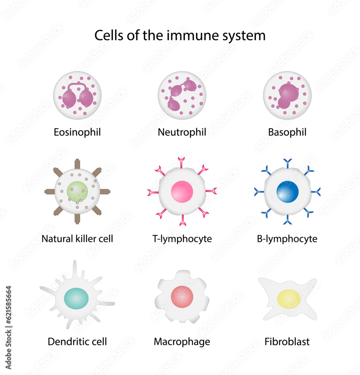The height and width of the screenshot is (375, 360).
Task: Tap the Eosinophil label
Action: (77, 132)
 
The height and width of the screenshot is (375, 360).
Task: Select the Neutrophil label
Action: (182, 132)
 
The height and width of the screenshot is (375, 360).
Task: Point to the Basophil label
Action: (287, 132)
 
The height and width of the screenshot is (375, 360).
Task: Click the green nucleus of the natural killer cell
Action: (77, 192)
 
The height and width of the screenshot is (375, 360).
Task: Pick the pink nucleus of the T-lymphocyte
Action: (182, 192)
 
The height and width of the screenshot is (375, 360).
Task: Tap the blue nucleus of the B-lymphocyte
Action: (288, 192)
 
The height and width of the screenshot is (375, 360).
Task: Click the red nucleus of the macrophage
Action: (182, 297)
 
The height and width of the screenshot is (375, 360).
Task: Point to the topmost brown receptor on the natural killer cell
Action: (77, 164)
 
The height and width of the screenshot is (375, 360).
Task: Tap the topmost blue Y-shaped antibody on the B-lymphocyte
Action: (288, 162)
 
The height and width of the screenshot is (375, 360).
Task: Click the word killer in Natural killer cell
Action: (85, 238)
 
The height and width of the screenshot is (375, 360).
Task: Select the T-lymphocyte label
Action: (182, 238)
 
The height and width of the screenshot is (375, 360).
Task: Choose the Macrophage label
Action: (182, 342)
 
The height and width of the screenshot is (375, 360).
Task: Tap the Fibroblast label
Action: (287, 342)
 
